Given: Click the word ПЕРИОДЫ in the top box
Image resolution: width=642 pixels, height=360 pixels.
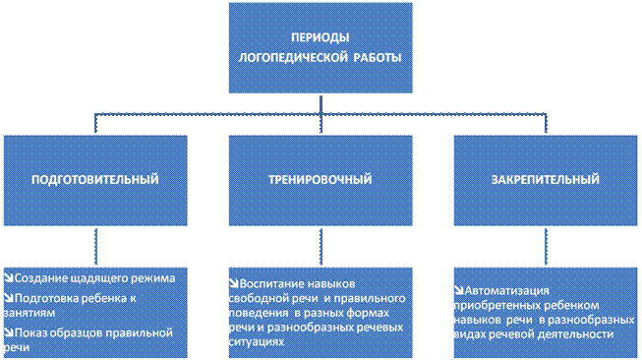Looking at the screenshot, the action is point(321,37).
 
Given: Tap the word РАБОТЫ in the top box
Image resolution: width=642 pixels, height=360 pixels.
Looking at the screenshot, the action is point(378,57).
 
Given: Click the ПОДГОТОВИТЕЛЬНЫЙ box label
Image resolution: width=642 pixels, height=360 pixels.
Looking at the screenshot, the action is point(95,179).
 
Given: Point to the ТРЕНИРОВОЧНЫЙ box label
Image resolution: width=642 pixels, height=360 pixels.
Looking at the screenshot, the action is point(321,179).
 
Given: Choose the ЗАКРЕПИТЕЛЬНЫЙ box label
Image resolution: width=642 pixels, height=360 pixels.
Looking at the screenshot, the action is point(546,179).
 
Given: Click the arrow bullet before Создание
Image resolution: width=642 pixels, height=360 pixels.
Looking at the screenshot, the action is point(9,277).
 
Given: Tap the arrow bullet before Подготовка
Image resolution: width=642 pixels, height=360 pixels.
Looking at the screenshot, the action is point(9,298).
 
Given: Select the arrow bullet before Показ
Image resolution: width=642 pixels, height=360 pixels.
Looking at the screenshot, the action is point(9,332).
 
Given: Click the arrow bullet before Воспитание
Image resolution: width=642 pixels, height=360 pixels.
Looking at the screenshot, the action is point(234,283).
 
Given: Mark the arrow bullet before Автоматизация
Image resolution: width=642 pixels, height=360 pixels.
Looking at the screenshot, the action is point(459,290).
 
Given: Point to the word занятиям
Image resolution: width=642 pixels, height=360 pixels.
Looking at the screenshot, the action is point(29,314).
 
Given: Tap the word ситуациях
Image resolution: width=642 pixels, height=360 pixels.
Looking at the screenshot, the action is point(257,341).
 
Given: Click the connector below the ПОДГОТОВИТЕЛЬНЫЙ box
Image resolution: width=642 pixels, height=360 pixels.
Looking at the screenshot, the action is point(95,247).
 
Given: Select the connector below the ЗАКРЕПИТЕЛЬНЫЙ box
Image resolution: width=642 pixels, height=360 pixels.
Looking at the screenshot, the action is point(546,247).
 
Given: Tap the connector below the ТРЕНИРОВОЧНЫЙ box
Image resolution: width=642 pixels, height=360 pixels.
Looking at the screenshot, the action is point(321,247).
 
